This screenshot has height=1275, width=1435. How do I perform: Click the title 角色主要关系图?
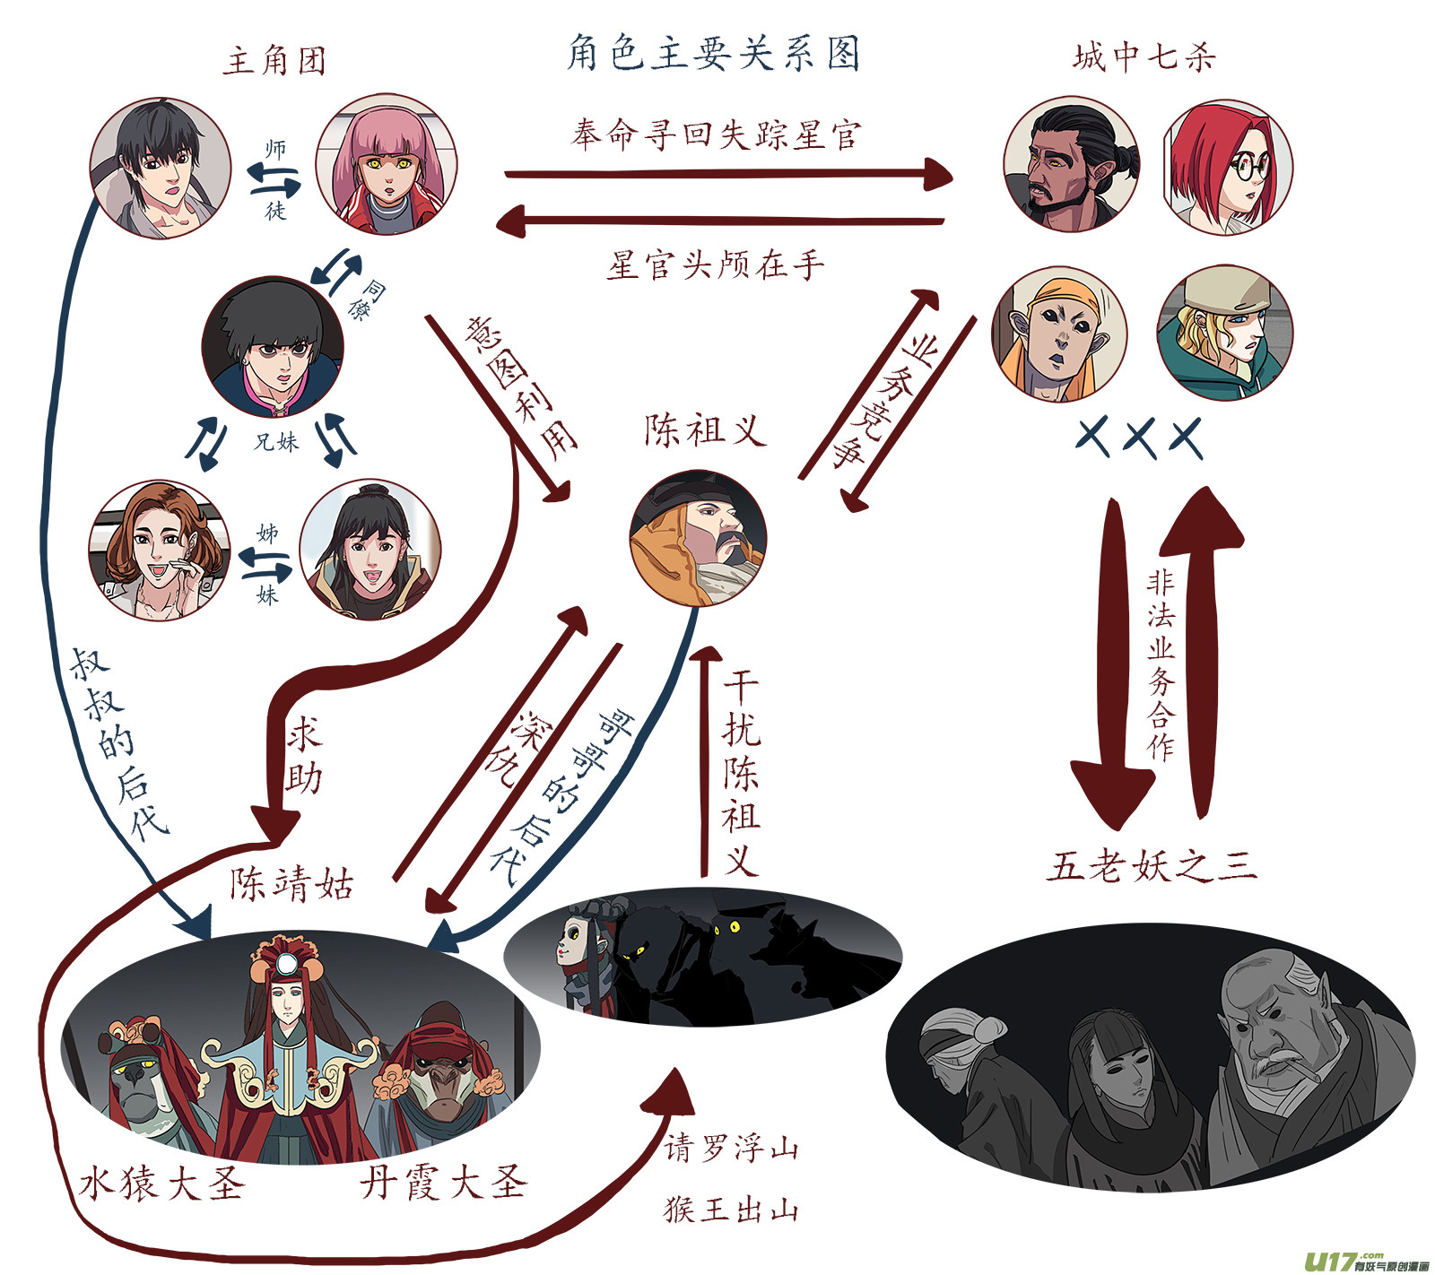[714, 53]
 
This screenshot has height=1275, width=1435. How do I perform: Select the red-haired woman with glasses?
[1228, 167]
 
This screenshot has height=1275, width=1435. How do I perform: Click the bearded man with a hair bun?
[1072, 165]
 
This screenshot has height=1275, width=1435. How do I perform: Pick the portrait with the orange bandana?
[1059, 334]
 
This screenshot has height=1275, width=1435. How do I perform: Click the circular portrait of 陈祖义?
[698, 537]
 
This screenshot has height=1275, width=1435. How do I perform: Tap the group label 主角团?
[274, 60]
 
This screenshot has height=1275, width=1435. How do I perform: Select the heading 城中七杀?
[1144, 57]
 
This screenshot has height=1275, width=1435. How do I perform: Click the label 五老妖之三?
[1152, 866]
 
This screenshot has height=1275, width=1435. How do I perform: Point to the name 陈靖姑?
[292, 884]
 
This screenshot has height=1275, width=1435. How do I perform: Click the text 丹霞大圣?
[443, 1183]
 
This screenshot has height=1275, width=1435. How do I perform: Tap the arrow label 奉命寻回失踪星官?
[716, 134]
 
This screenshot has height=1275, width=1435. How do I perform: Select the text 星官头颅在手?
[715, 265]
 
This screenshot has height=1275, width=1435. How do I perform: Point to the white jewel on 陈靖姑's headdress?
[286, 965]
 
